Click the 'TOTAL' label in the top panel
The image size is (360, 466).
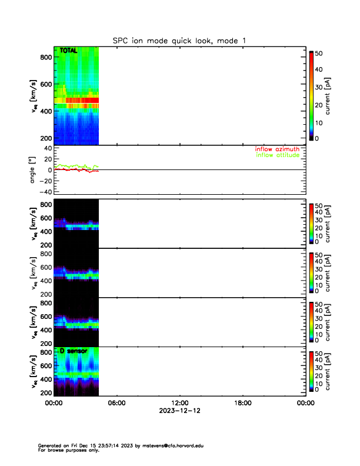coord(69,52)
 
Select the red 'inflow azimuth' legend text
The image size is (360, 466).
coord(276,149)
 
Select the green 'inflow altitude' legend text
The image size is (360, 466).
coord(276,155)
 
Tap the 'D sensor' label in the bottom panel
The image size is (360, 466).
coord(74,351)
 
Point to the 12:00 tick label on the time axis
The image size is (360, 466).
coord(179,403)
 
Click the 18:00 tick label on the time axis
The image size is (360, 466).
coord(242,403)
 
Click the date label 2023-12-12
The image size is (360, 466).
coord(179,411)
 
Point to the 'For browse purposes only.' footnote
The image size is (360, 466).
coord(70,450)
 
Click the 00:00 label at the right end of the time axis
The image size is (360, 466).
coord(305,403)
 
